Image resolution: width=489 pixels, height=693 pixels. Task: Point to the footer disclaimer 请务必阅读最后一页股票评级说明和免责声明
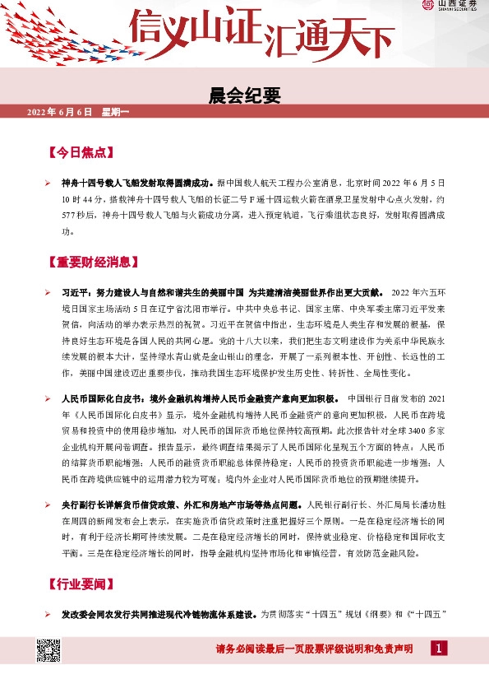pyautogui.click(x=314, y=649)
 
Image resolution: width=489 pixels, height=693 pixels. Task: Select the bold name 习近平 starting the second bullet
pyautogui.click(x=75, y=293)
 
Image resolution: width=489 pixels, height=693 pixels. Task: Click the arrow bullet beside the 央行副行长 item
pyautogui.click(x=48, y=503)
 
